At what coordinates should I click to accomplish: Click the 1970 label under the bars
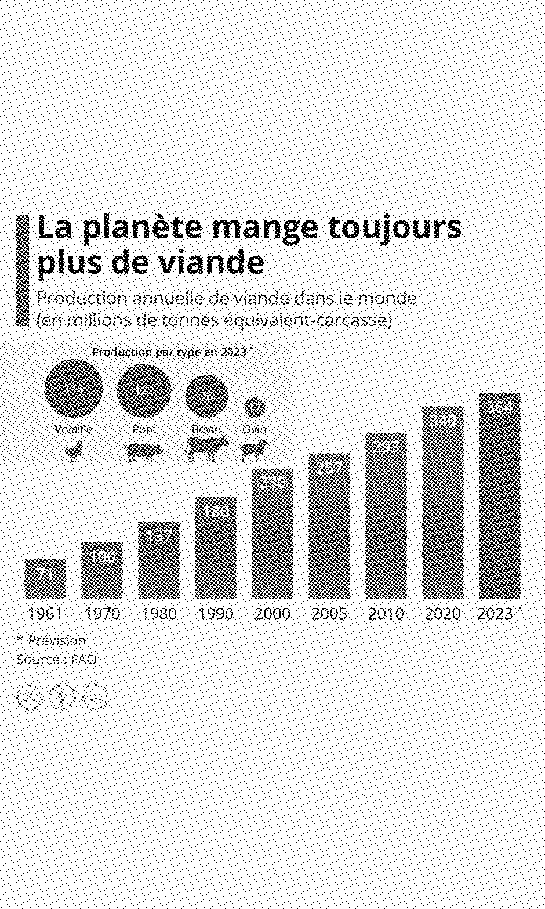point(102,613)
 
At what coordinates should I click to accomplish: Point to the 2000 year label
point(272,613)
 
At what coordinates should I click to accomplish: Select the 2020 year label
point(442,613)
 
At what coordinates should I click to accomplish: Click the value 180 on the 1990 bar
point(215,511)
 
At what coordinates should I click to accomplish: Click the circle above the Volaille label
point(74,389)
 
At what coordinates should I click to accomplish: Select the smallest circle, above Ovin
point(254,407)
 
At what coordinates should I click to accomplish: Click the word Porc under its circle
point(144,430)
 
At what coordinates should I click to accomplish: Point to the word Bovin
point(206,430)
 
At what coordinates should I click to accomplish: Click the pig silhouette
point(144,451)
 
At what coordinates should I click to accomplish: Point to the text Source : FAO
point(56,660)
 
